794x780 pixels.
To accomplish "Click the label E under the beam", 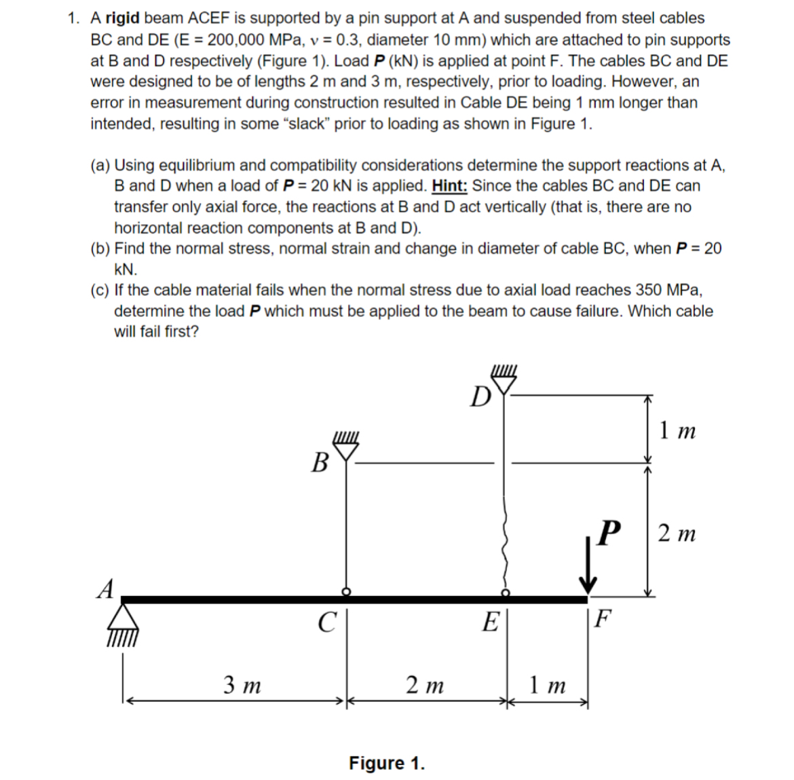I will (490, 622).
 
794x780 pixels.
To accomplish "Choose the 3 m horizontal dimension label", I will (242, 685).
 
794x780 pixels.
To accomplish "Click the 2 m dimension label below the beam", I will (425, 685).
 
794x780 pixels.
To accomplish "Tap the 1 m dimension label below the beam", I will (548, 685).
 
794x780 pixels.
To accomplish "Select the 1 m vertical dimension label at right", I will (677, 430).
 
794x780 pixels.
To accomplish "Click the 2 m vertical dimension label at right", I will (677, 534).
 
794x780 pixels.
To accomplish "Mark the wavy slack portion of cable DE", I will (504, 543).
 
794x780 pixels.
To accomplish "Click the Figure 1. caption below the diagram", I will (387, 763).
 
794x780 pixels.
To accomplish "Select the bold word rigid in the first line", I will (123, 18).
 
